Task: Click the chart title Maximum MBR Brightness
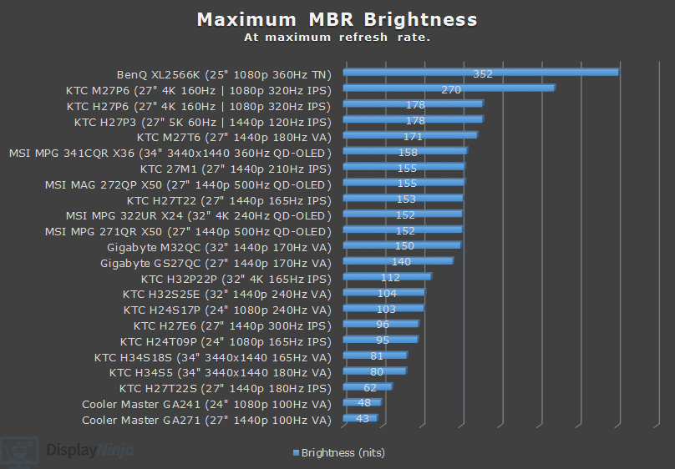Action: pos(337,20)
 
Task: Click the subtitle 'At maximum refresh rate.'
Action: pos(337,38)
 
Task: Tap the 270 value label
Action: pos(451,88)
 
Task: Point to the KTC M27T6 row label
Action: pos(234,137)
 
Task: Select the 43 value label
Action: pos(363,419)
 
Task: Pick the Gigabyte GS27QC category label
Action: pos(216,263)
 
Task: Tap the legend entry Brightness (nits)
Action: pos(338,453)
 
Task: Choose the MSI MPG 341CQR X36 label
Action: pos(170,153)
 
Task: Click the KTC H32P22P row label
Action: pos(236,279)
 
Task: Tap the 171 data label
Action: pos(413,136)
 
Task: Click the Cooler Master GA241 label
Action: pos(206,405)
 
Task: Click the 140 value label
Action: pos(401,262)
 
